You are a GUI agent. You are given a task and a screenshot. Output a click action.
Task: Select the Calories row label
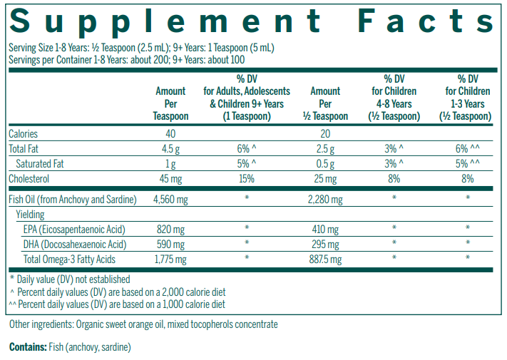click(23, 134)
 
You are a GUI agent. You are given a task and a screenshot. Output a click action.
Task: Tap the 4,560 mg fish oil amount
click(170, 200)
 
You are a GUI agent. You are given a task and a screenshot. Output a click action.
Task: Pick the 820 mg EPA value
click(170, 230)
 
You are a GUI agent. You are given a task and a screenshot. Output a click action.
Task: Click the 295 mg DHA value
click(325, 245)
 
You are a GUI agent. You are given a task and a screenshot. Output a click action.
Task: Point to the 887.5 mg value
click(325, 259)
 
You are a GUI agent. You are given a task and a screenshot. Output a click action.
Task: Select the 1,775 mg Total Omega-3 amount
click(170, 259)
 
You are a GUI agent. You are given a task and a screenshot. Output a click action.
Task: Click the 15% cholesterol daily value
click(247, 178)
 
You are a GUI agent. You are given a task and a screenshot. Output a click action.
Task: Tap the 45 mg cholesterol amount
click(170, 178)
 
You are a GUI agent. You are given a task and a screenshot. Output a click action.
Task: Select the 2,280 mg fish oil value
click(325, 200)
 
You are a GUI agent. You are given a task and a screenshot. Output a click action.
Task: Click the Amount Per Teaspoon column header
click(170, 103)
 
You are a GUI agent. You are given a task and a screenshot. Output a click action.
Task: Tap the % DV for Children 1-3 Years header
click(468, 98)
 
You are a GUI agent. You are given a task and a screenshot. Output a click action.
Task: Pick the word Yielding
click(30, 215)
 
